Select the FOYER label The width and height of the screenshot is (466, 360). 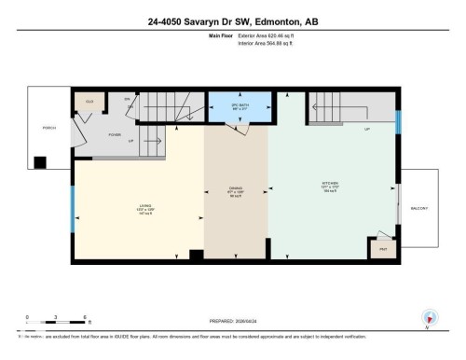pos(116,133)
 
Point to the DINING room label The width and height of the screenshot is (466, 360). pos(236,194)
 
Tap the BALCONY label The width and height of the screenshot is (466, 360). pos(420,209)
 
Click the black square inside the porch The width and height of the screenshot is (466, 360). pos(40,162)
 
